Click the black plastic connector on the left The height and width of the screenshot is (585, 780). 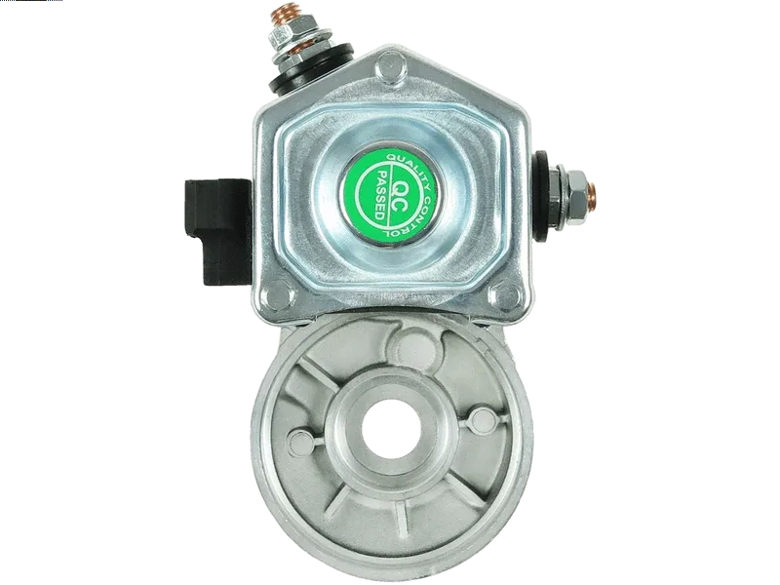pos(218,232)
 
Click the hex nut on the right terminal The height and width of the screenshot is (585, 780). pos(576,196)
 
